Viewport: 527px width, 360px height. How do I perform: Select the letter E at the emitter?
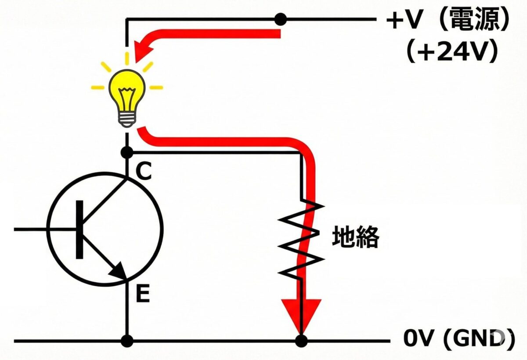(x=142, y=295)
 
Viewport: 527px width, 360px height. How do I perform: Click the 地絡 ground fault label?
(x=355, y=238)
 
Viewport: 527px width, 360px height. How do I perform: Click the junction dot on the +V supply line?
(x=280, y=19)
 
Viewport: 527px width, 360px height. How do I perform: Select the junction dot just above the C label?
(x=127, y=153)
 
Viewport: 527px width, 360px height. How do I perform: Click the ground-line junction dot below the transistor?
(x=127, y=341)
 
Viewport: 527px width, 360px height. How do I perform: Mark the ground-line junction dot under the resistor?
(x=301, y=341)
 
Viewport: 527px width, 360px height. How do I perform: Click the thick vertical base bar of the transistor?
(x=79, y=229)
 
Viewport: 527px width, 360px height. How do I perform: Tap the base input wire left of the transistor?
(x=31, y=229)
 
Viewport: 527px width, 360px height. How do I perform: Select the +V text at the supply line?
(x=404, y=21)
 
